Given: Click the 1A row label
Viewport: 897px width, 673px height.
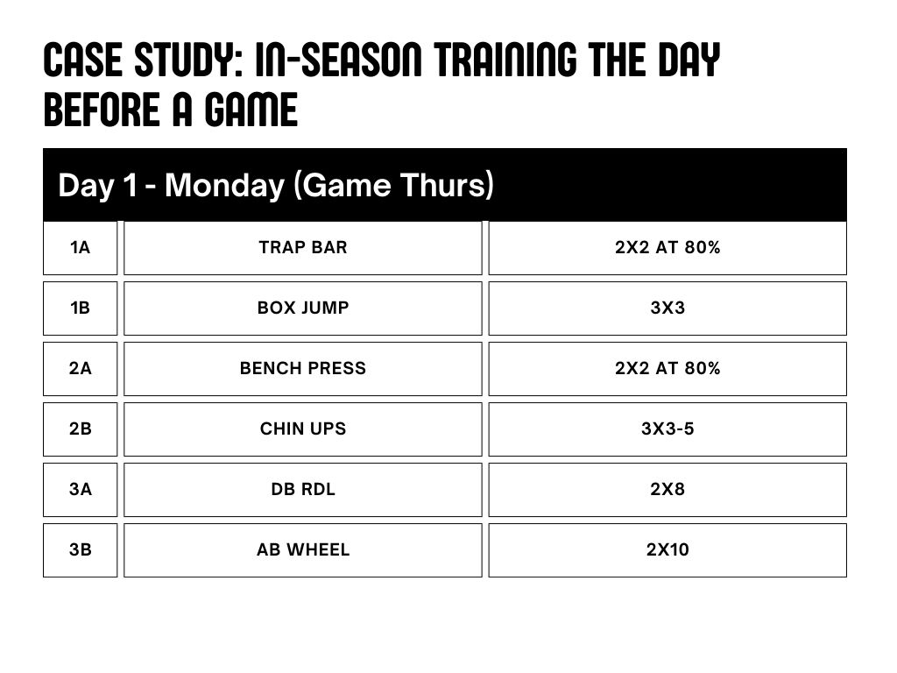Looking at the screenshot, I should coord(80,248).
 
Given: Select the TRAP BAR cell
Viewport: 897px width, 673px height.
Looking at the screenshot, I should coord(303,248).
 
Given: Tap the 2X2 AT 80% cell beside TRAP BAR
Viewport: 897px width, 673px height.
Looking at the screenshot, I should coord(667,248).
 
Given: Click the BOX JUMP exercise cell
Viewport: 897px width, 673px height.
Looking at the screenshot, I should coord(303,308).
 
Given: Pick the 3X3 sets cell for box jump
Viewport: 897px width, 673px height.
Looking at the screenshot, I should coord(667,308).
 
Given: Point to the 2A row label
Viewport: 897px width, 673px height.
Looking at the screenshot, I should coord(80,369).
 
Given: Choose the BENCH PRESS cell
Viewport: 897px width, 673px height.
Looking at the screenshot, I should coord(303,369).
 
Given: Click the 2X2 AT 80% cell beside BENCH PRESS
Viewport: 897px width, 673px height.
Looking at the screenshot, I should coord(667,369).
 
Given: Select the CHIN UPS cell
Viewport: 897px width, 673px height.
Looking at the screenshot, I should coord(303,429).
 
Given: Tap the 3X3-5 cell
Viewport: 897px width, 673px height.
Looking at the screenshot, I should coord(667,429).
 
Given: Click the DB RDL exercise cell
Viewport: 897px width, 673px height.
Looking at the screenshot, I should coord(303,490).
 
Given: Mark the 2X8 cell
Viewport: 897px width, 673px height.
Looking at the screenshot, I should coord(667,490).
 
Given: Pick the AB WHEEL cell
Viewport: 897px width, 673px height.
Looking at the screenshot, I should coord(303,550).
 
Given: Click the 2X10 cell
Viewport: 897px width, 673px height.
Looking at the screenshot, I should coord(667,550).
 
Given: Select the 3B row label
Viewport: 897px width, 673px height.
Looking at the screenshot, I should coord(80,550).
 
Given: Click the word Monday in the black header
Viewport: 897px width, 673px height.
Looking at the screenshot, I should coord(224,186).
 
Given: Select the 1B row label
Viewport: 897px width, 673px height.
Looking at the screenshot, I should coord(80,308).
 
